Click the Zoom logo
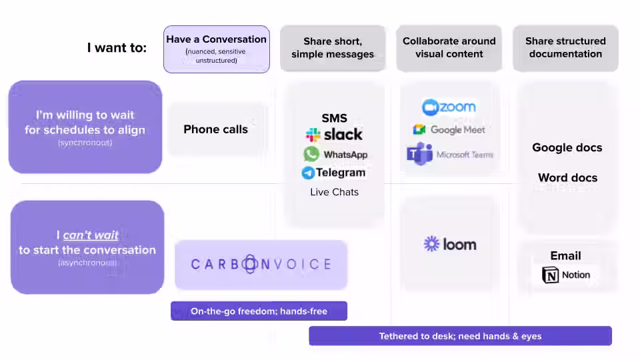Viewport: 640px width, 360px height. click(449, 107)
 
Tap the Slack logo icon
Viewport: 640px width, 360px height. click(313, 135)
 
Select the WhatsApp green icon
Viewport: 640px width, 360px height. click(311, 154)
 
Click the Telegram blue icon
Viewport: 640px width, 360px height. click(308, 173)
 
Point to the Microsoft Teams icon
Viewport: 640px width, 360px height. click(419, 155)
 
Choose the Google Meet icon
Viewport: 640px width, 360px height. click(419, 130)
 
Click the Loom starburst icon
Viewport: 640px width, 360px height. click(431, 244)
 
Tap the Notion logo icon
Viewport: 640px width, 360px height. click(551, 275)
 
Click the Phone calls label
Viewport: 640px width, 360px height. click(215, 129)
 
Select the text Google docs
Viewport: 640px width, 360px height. click(567, 147)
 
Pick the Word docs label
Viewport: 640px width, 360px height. click(567, 177)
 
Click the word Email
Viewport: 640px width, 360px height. click(565, 255)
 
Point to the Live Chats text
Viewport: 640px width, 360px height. click(334, 192)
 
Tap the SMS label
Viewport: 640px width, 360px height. click(334, 118)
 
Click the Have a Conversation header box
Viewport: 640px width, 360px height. click(216, 49)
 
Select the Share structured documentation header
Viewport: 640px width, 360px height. click(565, 47)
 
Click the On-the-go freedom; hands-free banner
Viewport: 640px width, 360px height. click(259, 311)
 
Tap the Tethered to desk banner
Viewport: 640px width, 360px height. click(460, 336)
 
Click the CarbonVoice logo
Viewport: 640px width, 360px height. click(261, 265)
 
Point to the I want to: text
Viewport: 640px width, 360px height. click(117, 47)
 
